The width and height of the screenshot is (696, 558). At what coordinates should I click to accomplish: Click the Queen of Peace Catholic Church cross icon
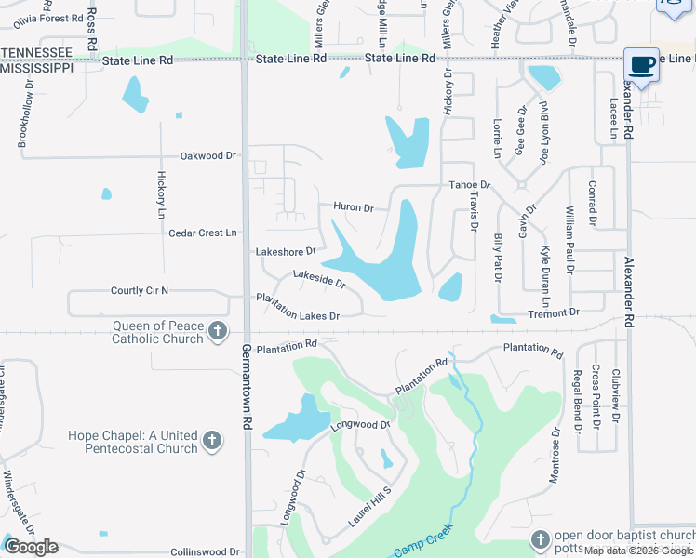point(217,331)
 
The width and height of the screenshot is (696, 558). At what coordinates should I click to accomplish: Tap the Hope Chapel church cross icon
point(211,441)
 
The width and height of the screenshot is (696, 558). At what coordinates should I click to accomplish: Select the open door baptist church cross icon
point(541,539)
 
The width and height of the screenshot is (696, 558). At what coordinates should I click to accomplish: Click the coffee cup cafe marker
point(641,64)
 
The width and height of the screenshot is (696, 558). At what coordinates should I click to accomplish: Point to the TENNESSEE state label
point(37,51)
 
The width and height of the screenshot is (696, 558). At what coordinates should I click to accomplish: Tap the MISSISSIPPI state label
point(37,68)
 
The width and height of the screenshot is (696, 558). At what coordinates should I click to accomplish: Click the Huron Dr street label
point(354,207)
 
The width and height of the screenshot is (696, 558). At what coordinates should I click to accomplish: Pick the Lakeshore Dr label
point(286,251)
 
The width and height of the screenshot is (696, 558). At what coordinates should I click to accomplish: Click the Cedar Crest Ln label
point(203,232)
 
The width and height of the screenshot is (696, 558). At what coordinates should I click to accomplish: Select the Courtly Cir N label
point(140,291)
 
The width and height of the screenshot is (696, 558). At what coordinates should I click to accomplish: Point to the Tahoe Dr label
point(468,185)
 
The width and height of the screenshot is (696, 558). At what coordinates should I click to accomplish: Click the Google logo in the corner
point(31,546)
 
